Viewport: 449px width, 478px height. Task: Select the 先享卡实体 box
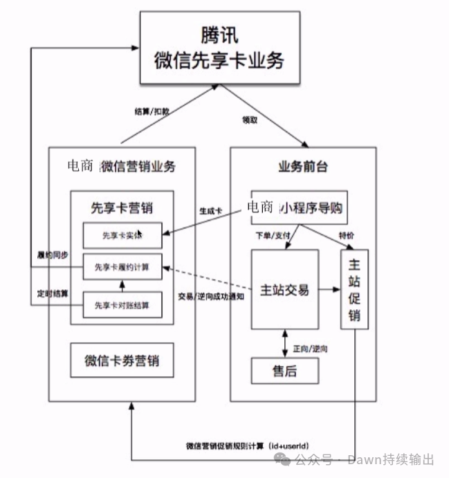pos(122,235)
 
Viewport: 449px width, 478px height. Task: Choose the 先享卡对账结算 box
pos(122,305)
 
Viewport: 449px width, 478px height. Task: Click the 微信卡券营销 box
pos(121,360)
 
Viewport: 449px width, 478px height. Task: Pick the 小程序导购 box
pos(298,207)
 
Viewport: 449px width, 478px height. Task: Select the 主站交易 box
pos(284,289)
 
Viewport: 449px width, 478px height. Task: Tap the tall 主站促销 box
pos(354,289)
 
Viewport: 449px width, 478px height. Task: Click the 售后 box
pos(284,371)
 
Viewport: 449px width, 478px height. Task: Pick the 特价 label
pos(347,237)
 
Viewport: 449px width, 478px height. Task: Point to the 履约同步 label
pos(52,255)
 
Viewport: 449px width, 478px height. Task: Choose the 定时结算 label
pos(52,291)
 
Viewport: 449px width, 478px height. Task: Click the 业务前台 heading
pos(302,167)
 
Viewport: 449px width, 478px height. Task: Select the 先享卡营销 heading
pos(122,208)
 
